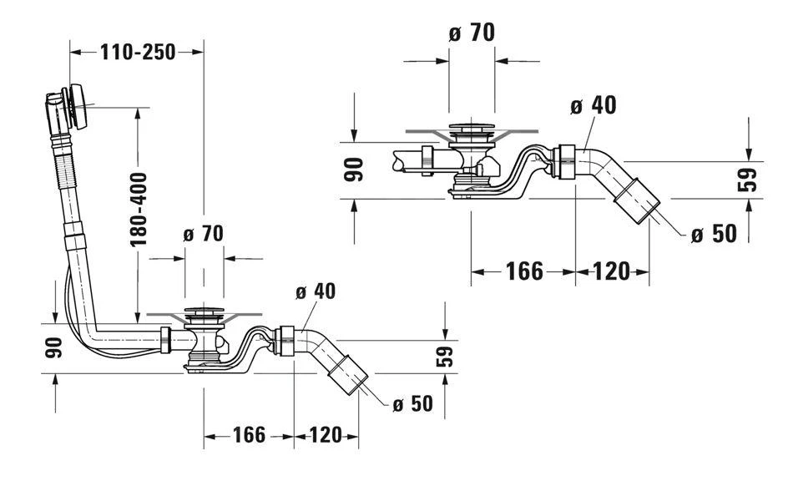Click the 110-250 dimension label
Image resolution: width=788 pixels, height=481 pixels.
pos(138,52)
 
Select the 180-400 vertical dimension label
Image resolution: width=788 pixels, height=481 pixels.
pos(139,210)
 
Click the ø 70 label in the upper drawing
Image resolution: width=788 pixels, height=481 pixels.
pos(472,33)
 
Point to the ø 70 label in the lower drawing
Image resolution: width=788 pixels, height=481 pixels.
pos(203,234)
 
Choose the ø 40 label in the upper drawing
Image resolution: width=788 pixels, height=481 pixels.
pos(593,105)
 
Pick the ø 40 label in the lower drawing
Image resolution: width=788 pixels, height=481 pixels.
pos(315,291)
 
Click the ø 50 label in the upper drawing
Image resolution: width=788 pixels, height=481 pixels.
pos(714,234)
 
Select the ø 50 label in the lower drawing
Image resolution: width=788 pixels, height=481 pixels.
pos(412,404)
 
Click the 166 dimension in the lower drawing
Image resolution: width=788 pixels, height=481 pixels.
pos(248,435)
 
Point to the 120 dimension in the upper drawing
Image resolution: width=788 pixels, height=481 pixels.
pos(613,271)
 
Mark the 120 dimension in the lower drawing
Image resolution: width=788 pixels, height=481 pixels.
pos(326,435)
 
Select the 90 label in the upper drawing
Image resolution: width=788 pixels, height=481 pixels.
pos(355,170)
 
